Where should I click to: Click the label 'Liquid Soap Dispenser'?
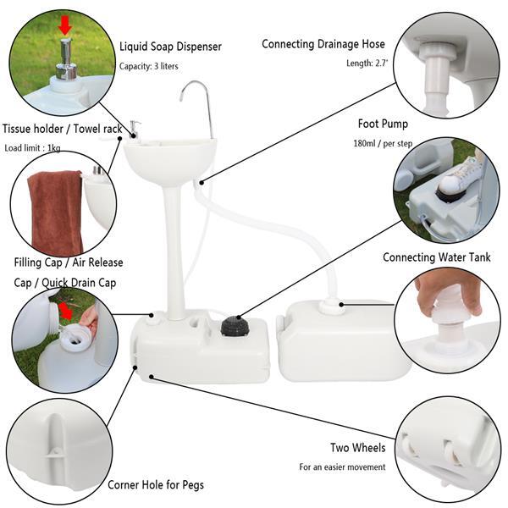click(170, 47)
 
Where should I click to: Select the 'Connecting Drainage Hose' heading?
click(323, 44)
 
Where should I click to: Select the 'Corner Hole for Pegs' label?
click(155, 485)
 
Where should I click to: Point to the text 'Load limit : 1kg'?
click(33, 147)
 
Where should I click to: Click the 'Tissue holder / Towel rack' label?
click(62, 129)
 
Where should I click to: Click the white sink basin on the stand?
click(168, 158)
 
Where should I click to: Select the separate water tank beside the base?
click(343, 342)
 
